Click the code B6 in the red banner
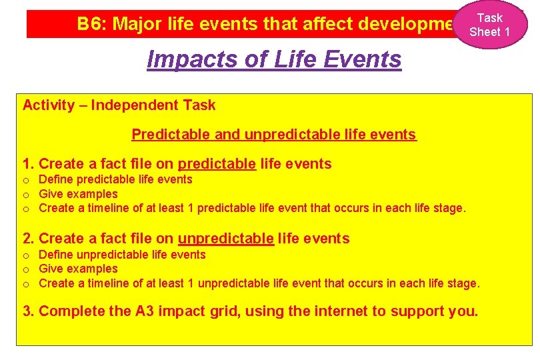tap(90, 25)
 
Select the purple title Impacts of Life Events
tap(274, 59)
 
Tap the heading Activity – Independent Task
tap(119, 105)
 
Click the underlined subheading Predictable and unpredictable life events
tap(273, 135)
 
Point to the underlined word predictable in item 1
tap(217, 164)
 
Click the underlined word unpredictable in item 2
tap(225, 239)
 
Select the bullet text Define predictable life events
tap(115, 179)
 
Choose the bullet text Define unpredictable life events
tap(122, 255)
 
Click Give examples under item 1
tap(78, 194)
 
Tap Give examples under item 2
tap(78, 269)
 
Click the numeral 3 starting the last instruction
tap(27, 311)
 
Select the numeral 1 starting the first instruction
tap(27, 164)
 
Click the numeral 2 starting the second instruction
tap(27, 239)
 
